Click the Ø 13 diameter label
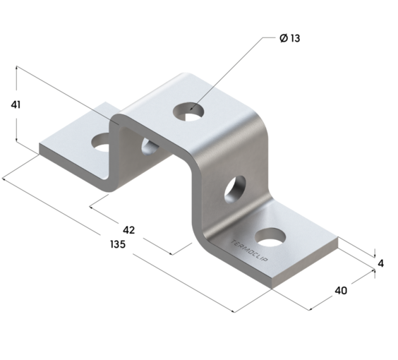pyautogui.click(x=289, y=38)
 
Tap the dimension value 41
pyautogui.click(x=16, y=105)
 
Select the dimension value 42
pyautogui.click(x=128, y=230)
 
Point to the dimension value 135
pyautogui.click(x=117, y=245)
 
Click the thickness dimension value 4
pyautogui.click(x=380, y=263)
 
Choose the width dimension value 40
pyautogui.click(x=342, y=291)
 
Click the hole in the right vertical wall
pyautogui.click(x=234, y=188)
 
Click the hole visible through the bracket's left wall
pyautogui.click(x=150, y=147)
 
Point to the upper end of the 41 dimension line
pyautogui.click(x=16, y=67)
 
